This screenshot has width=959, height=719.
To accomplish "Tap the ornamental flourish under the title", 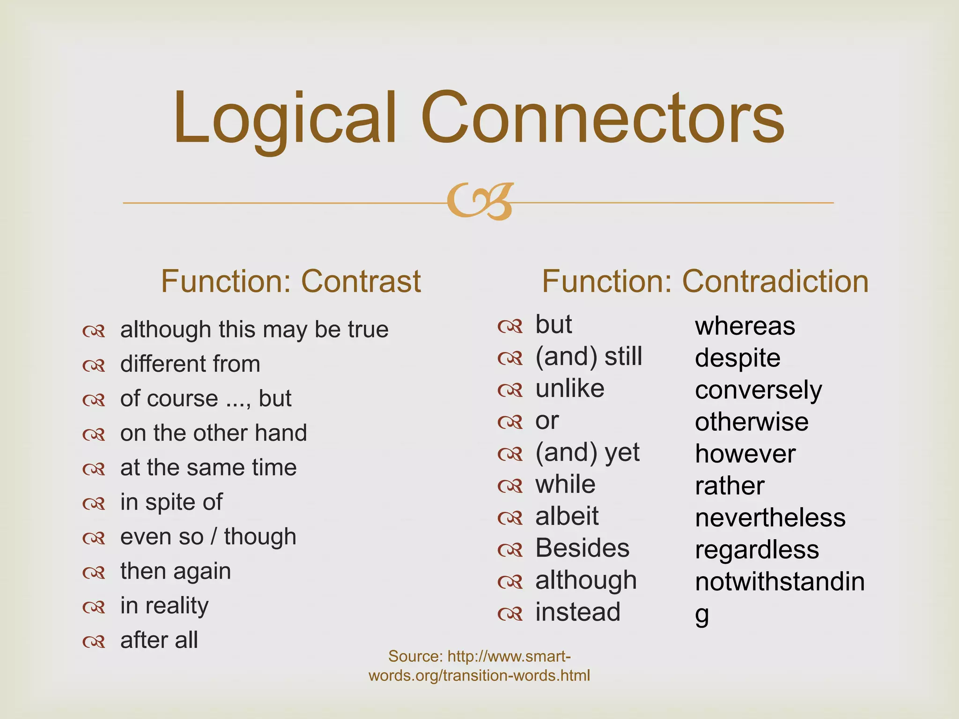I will (480, 201).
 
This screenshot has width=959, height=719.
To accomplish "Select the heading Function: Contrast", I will (291, 281).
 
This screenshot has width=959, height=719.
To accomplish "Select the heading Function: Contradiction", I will (705, 281).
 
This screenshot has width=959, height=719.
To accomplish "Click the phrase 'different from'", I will (190, 364).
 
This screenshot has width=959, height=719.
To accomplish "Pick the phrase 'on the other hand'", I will (214, 433).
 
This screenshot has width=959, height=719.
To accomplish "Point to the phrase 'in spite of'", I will (171, 502).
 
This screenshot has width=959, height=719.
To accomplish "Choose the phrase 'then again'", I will (176, 571).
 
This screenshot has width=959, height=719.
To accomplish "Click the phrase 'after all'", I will (159, 640).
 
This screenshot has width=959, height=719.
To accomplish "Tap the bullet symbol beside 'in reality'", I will (94, 607).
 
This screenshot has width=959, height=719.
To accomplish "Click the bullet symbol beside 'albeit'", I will (509, 518).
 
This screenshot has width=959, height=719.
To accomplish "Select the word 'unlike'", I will (570, 389).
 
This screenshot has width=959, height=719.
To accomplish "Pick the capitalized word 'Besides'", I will (582, 548).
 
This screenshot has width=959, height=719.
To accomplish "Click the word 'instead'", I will (578, 612).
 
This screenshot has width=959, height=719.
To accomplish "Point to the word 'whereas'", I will (745, 326).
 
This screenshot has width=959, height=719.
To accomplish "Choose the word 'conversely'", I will (758, 390).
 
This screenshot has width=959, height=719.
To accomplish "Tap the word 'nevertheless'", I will (770, 518).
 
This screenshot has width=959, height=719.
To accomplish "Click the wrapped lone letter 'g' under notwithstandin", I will (701, 615).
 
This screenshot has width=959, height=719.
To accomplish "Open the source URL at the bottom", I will (479, 666).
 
